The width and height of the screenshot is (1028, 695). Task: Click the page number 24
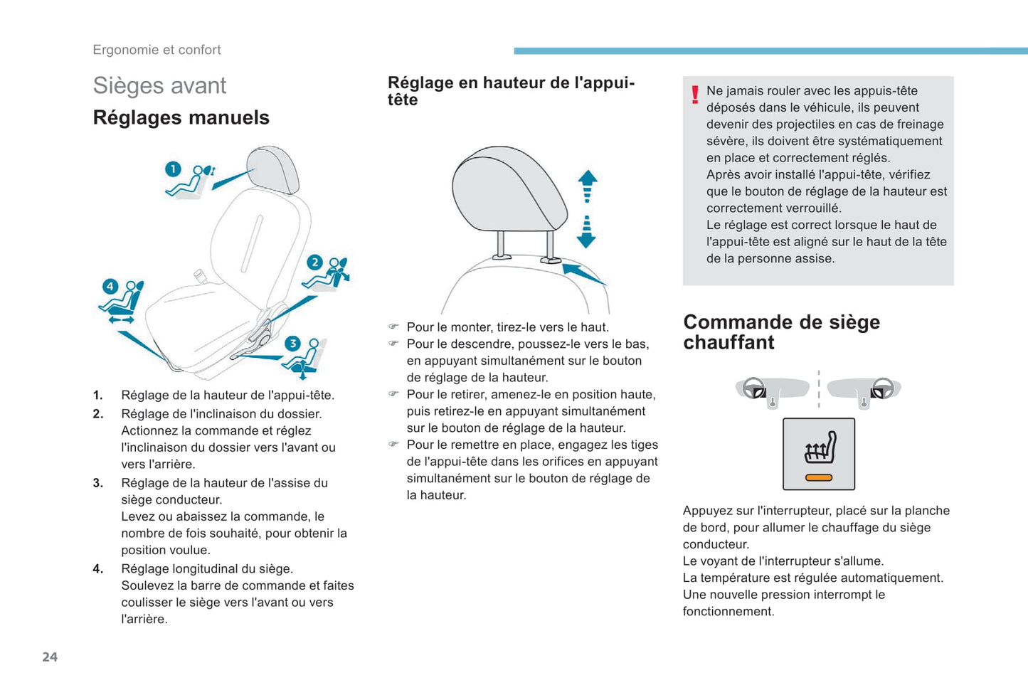point(50,657)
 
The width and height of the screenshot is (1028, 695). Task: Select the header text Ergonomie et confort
point(157,50)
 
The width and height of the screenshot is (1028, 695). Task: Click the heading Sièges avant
point(159,85)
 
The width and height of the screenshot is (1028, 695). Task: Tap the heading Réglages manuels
point(181,117)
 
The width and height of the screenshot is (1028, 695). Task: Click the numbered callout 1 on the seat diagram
point(173,169)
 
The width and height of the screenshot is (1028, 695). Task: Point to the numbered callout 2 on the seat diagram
point(314,262)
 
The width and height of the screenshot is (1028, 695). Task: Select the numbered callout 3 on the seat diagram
point(292,344)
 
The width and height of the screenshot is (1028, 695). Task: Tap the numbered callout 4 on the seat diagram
point(110,287)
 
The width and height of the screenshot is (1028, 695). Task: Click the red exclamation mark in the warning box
point(695,95)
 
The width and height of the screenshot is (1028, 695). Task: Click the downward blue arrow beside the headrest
point(586,232)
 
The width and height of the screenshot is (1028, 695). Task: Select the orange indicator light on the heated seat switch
point(819,477)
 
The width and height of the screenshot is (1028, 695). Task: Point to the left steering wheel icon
point(754,388)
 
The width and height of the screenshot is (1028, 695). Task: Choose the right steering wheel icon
point(882,388)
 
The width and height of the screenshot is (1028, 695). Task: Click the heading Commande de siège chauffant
point(781,332)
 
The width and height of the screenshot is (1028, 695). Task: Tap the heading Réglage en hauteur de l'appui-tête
point(511,91)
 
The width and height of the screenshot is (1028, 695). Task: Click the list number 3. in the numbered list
point(98,483)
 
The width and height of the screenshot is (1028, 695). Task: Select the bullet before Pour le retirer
point(393,394)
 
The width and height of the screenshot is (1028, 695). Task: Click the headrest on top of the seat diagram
point(272,169)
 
